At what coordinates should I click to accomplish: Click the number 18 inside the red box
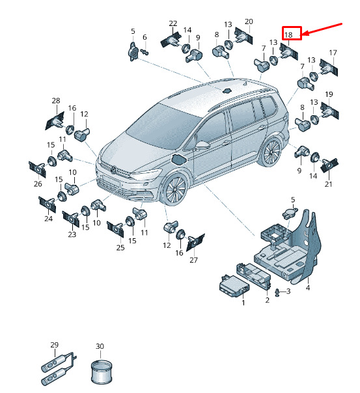point(288,34)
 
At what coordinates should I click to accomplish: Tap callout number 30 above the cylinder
point(100,346)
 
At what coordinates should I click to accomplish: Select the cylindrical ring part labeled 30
point(102,372)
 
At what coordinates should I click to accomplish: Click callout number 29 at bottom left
point(55,345)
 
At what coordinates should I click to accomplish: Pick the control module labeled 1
point(234,286)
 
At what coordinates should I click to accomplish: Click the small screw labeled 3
point(277,292)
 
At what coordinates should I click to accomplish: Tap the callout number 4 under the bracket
point(308,288)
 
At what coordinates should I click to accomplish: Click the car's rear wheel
point(271,152)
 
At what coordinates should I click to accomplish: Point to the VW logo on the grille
point(113,170)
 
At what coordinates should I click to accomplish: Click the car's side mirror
point(202,145)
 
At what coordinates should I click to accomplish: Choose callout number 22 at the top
point(173,23)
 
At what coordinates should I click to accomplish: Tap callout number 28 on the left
point(56,100)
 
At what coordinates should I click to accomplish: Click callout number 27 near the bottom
point(193,260)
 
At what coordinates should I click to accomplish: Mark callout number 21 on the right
point(328,184)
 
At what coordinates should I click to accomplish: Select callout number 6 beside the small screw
point(145,37)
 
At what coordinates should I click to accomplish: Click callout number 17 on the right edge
point(333,53)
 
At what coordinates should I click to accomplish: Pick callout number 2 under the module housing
point(268,300)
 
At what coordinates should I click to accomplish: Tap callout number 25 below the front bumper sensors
point(120,248)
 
